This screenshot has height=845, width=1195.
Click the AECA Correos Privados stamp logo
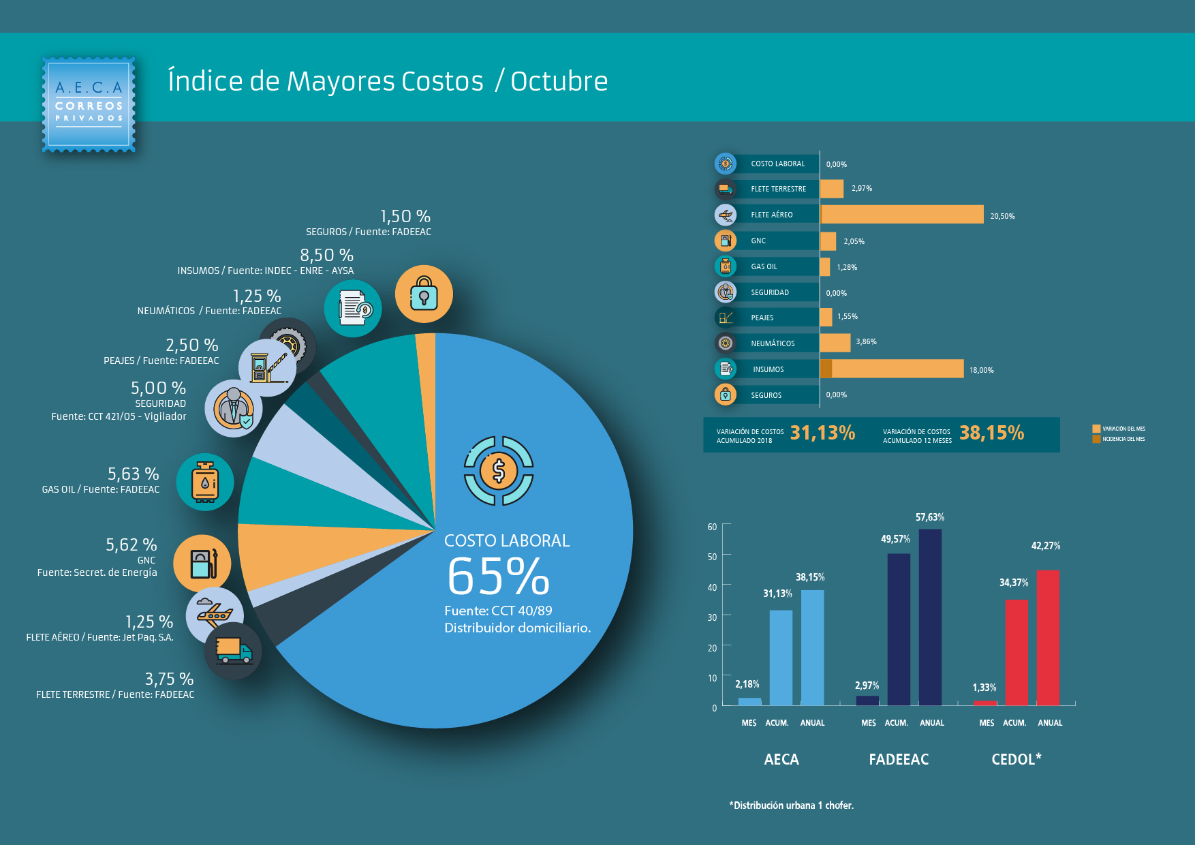tap(89, 104)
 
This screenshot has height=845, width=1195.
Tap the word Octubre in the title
tap(559, 82)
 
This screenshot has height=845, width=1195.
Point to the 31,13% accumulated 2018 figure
tap(822, 433)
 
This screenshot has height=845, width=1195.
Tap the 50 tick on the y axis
tap(712, 557)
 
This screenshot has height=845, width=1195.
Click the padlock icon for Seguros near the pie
tap(424, 294)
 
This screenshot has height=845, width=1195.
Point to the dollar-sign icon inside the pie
tap(499, 471)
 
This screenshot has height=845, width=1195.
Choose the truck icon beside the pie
tap(233, 651)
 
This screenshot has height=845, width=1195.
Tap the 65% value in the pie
tap(498, 577)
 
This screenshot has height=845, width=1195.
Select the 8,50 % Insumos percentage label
tap(326, 256)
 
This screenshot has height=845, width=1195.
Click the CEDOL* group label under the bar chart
tap(1016, 759)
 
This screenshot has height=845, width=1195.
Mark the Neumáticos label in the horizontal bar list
tap(773, 343)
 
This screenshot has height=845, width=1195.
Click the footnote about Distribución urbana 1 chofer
tap(791, 805)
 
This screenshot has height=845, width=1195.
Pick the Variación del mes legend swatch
tap(1096, 429)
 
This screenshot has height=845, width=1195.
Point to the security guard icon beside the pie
tap(234, 408)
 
